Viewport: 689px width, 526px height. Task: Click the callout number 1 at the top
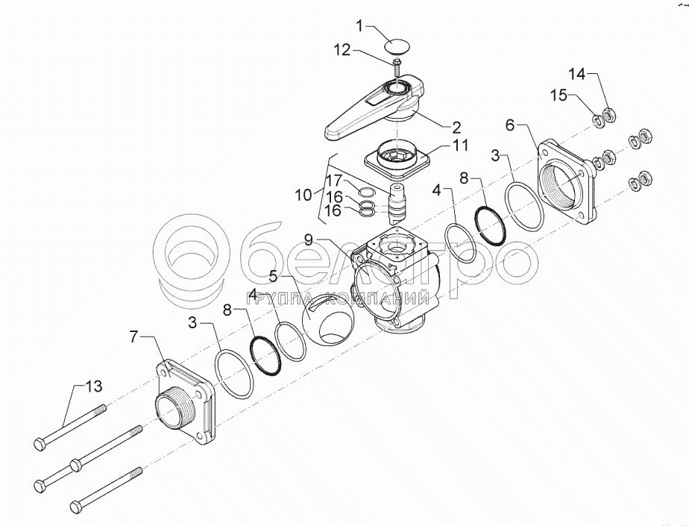[359, 27]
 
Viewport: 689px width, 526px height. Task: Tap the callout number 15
[559, 96]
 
